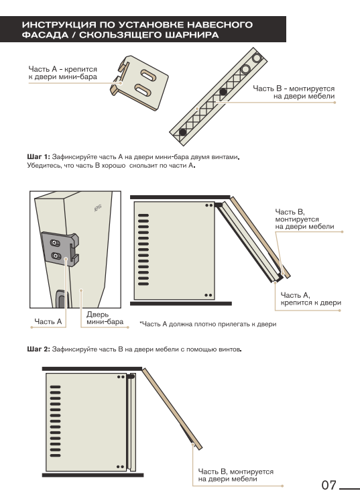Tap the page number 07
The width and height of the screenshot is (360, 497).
[328, 485]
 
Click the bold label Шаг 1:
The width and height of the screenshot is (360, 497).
[38, 157]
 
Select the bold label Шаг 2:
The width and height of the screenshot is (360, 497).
[38, 349]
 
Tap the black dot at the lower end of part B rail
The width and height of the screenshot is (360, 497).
[183, 132]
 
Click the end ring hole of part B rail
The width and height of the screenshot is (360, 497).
[256, 58]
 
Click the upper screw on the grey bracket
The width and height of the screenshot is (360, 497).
[55, 243]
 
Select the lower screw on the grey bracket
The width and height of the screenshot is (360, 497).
[56, 256]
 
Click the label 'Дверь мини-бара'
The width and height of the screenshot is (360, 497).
[105, 318]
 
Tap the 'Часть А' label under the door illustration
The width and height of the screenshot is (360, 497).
[48, 321]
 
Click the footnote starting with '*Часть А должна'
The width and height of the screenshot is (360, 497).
[208, 324]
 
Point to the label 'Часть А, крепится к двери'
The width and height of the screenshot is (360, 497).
[310, 299]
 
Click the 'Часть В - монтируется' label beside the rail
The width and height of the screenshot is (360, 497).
[294, 93]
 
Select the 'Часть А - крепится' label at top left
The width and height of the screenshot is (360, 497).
[63, 73]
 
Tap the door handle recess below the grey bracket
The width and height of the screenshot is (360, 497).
[61, 298]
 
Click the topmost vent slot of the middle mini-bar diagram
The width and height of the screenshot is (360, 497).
[143, 215]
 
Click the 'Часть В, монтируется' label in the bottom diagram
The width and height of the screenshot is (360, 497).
[236, 475]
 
